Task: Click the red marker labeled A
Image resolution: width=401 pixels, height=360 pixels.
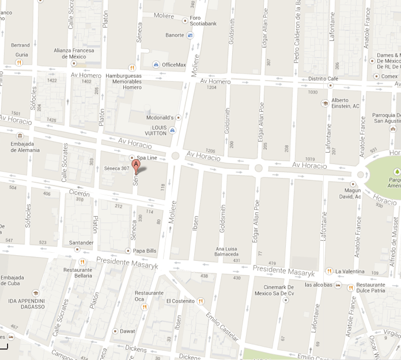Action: pos(137,165)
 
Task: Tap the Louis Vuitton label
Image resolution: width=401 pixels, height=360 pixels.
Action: pos(155,130)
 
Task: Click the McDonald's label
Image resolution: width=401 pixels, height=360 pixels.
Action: pos(160,117)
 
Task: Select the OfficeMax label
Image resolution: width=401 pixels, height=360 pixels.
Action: pos(174,65)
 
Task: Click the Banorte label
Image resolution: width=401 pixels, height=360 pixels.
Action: pos(175,35)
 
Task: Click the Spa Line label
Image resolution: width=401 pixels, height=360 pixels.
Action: pos(147,158)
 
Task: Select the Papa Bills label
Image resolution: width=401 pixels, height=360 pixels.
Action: pos(145,251)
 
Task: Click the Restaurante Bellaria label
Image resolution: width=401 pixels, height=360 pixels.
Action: pos(78,272)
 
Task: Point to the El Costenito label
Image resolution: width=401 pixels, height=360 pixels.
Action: pos(180,301)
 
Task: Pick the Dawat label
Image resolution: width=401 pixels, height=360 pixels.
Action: pos(128,331)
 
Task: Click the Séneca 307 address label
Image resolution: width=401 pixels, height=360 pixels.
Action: pos(116,168)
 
